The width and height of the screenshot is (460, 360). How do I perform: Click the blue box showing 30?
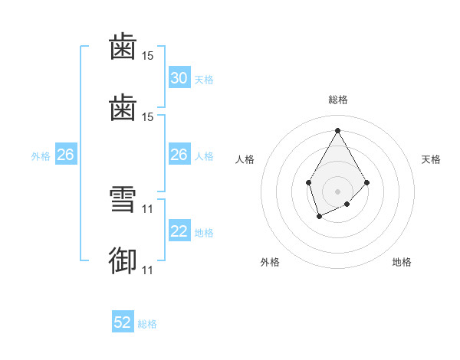coord(179,77)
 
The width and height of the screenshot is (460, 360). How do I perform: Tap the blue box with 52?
coord(123,321)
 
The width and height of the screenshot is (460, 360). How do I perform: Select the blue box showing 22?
coord(179,230)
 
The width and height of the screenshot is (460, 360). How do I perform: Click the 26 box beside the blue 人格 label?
coord(179,154)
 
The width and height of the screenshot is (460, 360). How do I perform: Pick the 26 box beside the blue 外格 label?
coord(66,154)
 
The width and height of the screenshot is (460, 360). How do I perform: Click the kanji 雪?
coord(123,199)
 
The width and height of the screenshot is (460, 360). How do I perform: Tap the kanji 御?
coord(123,260)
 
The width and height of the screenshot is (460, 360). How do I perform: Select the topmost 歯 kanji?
coord(123,46)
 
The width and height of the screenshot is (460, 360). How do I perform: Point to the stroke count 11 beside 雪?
coord(147,209)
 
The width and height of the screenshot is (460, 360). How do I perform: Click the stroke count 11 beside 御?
coord(147,270)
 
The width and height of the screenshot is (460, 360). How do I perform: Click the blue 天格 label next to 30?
coord(204,80)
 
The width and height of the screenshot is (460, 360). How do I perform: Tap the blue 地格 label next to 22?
coord(204,233)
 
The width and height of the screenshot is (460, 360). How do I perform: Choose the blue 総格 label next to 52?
coord(147,324)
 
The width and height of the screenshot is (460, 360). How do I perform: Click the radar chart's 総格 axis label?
coord(338,100)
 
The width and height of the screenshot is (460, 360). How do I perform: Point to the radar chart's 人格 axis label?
coord(245,159)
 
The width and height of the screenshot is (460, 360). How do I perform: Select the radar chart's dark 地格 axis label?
coord(402,262)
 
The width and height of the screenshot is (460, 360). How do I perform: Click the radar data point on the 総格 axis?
coord(337,130)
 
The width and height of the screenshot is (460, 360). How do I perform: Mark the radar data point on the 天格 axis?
coord(366,182)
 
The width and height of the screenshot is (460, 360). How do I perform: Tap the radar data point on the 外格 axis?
coord(320,217)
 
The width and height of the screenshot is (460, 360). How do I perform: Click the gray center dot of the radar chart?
coord(337,191)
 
